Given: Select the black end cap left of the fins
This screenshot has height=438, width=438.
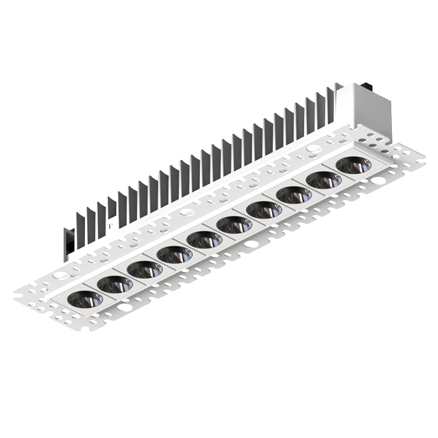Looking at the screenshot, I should pyautogui.click(x=67, y=244).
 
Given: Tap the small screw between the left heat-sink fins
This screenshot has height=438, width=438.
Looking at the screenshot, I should pyautogui.click(x=110, y=225).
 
